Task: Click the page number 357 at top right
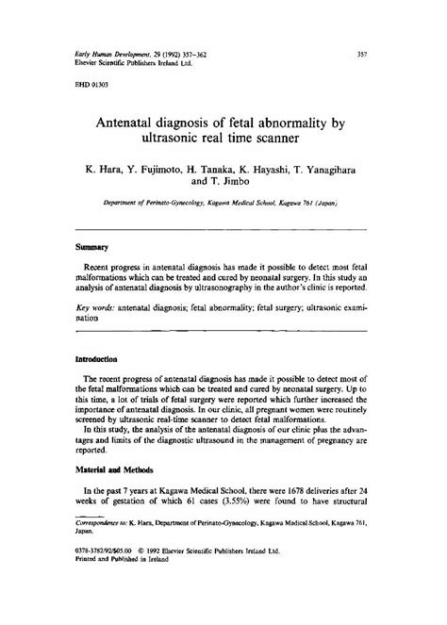tap(361, 54)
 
